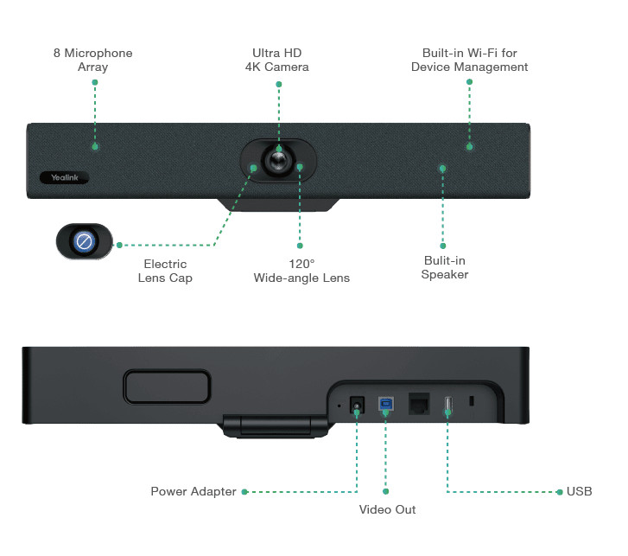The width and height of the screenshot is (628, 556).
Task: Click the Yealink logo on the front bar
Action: [x=66, y=177]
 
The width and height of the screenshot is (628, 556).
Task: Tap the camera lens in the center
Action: [x=278, y=162]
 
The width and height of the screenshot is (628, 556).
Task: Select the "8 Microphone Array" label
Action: [x=93, y=60]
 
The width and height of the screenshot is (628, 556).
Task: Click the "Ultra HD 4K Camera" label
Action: [x=277, y=60]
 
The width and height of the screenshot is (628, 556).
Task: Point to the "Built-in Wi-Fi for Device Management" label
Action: [x=469, y=60]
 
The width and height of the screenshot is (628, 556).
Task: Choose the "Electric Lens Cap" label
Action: [x=165, y=271]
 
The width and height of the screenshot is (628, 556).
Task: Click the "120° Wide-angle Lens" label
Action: [x=301, y=271]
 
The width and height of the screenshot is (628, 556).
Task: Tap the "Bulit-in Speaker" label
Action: [x=445, y=267]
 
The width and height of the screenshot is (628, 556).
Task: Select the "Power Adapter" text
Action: [x=193, y=491]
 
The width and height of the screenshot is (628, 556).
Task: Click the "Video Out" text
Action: [x=387, y=509]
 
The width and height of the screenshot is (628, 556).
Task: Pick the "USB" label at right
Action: [x=579, y=491]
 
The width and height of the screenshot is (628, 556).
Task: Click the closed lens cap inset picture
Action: [x=84, y=241]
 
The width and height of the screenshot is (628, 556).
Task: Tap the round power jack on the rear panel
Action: [x=356, y=403]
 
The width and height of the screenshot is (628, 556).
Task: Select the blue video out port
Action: [x=385, y=403]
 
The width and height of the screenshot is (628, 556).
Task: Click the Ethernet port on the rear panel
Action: [x=418, y=403]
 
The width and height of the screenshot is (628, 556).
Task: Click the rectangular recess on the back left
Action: [x=167, y=386]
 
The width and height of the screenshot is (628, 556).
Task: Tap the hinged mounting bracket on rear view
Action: [x=276, y=426]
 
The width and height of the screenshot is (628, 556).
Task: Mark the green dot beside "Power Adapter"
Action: [x=244, y=491]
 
